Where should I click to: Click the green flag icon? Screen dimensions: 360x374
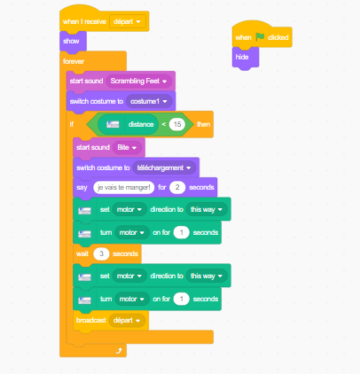click(260, 37)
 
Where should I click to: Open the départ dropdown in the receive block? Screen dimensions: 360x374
click(128, 21)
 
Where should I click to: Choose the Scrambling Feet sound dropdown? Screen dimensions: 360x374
click(138, 81)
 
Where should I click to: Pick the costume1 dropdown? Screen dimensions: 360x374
click(149, 101)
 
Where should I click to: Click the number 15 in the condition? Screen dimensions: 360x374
click(177, 124)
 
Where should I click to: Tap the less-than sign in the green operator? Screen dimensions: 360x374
click(164, 124)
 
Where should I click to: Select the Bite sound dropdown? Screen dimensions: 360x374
click(127, 147)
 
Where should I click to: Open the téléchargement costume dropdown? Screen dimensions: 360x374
click(164, 168)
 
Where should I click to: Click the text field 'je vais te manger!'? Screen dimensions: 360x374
click(124, 187)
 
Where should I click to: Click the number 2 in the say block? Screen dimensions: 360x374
click(177, 187)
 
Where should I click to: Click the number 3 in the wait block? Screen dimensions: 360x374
click(101, 253)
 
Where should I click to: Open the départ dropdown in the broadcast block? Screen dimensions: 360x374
click(127, 320)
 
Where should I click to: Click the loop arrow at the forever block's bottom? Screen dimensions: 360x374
click(119, 350)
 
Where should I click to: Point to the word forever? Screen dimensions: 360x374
click(74, 61)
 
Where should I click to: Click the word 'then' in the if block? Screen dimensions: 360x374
click(204, 124)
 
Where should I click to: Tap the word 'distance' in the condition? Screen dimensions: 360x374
click(141, 124)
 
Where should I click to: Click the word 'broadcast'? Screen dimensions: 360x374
click(91, 320)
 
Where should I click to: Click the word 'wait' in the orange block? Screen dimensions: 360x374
click(82, 253)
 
